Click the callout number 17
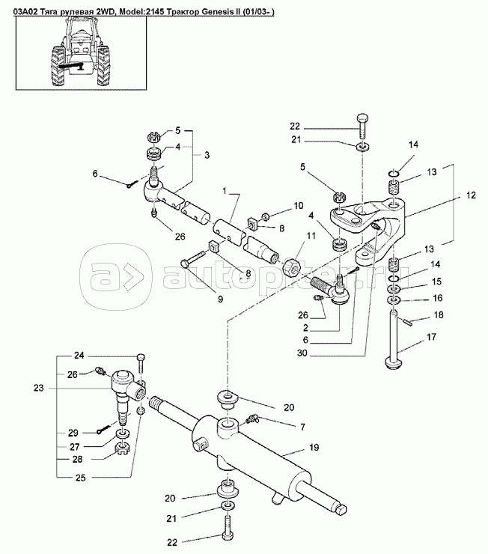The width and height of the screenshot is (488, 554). coord(432,337)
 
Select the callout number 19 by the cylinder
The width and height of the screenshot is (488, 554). coord(314,447)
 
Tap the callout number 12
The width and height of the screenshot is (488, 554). coord(471,195)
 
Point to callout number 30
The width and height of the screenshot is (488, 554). coord(302,353)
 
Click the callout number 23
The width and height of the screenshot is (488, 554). coord(38,388)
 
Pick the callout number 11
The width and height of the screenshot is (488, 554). coord(311,236)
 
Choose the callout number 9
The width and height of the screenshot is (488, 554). coord(220,299)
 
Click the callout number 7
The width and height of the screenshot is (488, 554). coord(302,427)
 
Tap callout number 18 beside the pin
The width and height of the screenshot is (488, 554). coord(439,314)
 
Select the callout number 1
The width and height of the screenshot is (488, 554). coord(225,191)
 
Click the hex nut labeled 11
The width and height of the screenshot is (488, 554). coord(292,268)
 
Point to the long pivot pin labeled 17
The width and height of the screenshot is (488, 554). coord(394,340)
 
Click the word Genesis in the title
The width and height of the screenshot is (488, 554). coord(216,12)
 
